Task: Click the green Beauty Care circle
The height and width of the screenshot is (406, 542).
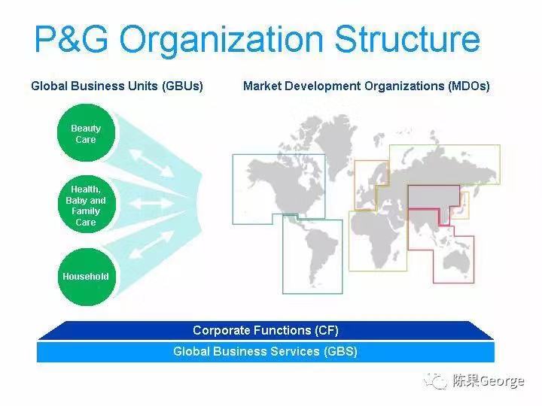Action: (x=86, y=133)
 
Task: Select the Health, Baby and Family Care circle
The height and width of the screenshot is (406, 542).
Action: (x=87, y=205)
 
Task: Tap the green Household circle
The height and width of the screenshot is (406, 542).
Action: (x=87, y=277)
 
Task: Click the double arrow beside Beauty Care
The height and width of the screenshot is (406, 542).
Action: (x=151, y=163)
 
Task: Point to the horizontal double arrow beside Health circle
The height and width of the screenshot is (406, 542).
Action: (x=151, y=203)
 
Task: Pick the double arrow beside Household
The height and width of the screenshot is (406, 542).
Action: (x=151, y=245)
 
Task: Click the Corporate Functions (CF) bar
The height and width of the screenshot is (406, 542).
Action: (x=266, y=330)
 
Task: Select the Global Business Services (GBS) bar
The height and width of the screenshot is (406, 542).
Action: (x=266, y=351)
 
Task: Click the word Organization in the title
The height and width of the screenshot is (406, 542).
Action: (x=221, y=40)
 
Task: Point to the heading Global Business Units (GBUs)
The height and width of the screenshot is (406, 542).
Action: (x=117, y=86)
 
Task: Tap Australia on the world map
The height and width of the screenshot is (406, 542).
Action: (x=456, y=259)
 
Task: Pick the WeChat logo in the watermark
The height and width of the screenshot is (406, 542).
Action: (x=435, y=381)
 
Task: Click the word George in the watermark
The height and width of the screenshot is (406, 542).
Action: (x=501, y=381)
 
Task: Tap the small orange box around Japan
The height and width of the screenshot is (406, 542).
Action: (x=461, y=205)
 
